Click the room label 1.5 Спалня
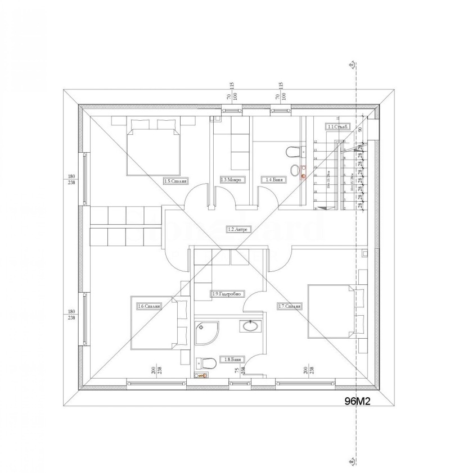point(175,181)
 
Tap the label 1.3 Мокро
point(231,180)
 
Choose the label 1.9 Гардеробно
point(227,294)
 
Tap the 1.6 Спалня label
point(150,306)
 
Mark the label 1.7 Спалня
point(290,306)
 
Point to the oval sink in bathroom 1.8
point(248,326)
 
